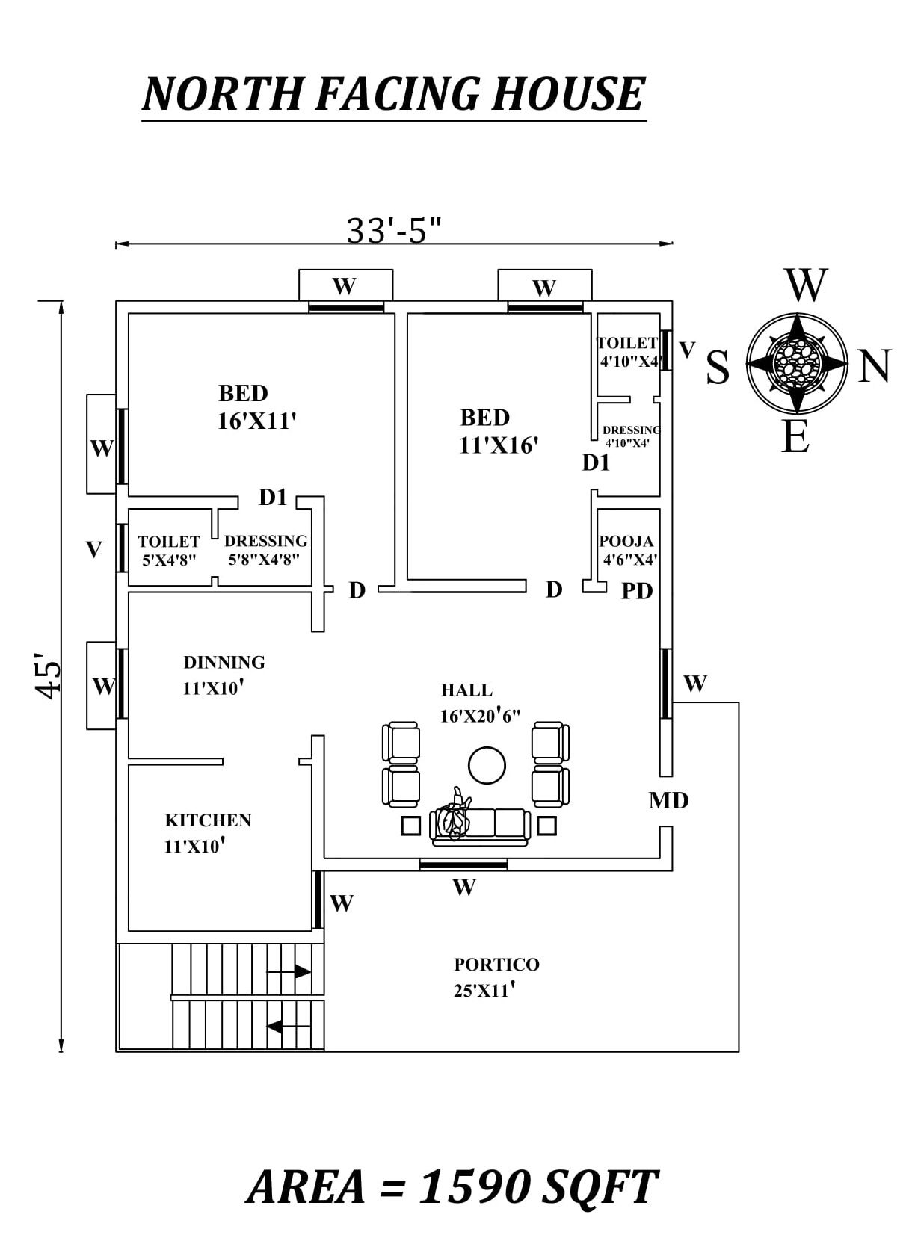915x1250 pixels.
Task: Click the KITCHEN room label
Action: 207,820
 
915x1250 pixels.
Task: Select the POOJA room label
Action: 626,541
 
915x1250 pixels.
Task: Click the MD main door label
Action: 668,801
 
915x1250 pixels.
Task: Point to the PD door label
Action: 637,591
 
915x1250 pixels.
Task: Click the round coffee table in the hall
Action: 487,765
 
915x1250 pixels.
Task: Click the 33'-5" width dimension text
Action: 394,231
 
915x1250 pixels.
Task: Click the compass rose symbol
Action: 798,363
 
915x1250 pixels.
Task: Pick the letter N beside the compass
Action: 874,367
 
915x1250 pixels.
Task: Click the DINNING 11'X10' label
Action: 224,675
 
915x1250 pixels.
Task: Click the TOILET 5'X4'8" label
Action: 169,550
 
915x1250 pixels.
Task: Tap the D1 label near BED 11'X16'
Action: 596,463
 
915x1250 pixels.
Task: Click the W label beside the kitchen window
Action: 341,903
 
